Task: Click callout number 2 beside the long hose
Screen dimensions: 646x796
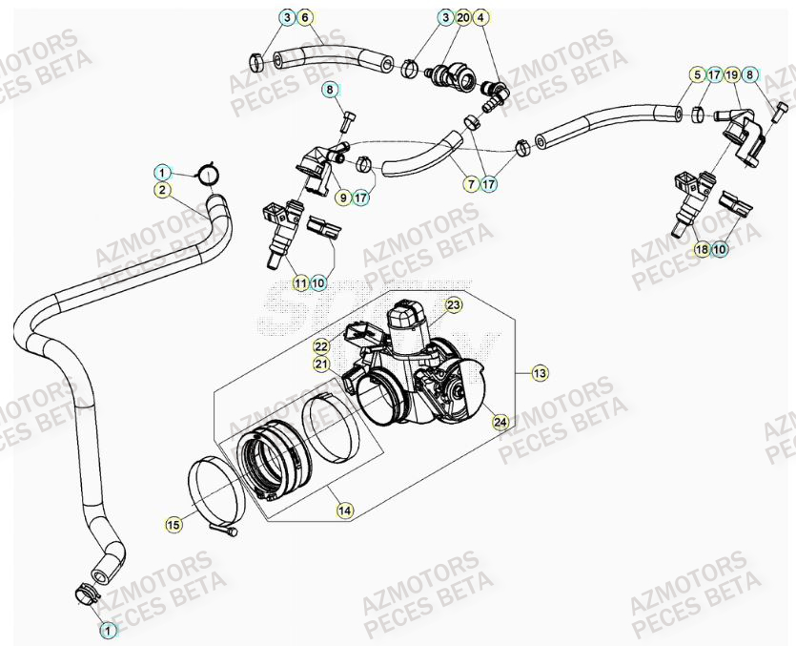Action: [x=163, y=191]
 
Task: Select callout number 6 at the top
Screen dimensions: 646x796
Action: [x=305, y=18]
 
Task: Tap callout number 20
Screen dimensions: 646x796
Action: [x=463, y=18]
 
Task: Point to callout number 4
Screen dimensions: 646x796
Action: [x=481, y=18]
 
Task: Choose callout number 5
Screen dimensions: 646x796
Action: [x=697, y=74]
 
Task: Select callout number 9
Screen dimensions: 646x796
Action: [x=342, y=198]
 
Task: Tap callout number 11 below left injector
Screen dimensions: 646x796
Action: [x=300, y=282]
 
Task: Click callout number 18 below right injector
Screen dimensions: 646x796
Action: [x=702, y=250]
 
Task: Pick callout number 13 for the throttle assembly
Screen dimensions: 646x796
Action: [x=540, y=373]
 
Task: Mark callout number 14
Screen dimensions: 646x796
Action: [x=344, y=511]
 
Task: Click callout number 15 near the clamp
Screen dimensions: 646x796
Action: [x=173, y=524]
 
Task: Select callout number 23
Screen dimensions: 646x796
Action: [x=454, y=304]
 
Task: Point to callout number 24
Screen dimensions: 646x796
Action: [x=500, y=421]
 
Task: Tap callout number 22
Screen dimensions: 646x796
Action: [x=321, y=346]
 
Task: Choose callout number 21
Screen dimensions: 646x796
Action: [x=321, y=364]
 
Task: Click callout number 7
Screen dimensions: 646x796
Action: [x=471, y=184]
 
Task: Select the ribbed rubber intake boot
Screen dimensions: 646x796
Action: [x=276, y=458]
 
